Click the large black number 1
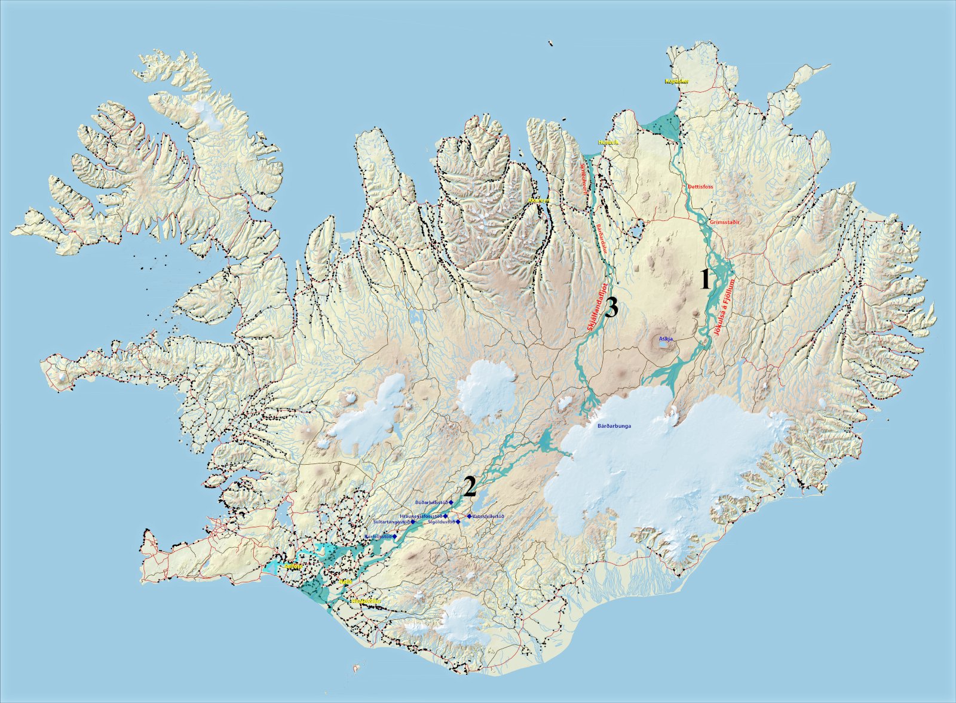coord(706,280)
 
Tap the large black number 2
coord(470,487)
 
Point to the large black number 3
coord(611,308)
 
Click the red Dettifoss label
coord(700,187)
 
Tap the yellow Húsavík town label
coord(609,143)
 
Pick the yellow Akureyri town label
coord(538,201)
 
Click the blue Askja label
coord(666,339)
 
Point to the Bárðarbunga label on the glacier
coord(614,426)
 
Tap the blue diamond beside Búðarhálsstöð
coord(452,503)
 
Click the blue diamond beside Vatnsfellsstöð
coord(469,516)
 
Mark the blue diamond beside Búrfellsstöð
coord(395,537)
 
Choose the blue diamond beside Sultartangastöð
coord(413,522)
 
